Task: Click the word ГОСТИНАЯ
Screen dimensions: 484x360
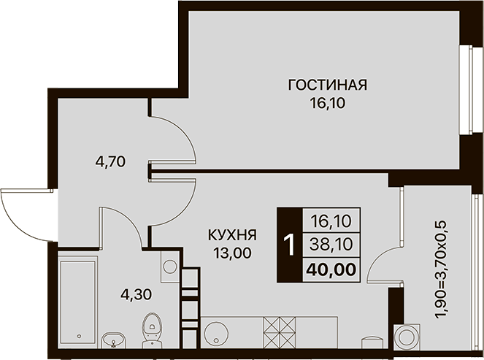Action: pos(328,85)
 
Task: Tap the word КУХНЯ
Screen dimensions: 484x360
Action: pos(232,235)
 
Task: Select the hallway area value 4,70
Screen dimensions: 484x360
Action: pos(110,161)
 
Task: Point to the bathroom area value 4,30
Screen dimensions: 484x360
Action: pos(136,294)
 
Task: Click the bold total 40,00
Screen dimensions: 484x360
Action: pos(331,269)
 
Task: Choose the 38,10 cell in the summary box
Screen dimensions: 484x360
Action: pos(331,245)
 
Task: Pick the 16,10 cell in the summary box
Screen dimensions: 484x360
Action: pos(331,221)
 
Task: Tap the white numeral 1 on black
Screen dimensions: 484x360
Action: pos(290,245)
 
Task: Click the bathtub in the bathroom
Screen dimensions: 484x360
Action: pos(78,300)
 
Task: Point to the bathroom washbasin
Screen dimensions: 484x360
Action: pos(114,340)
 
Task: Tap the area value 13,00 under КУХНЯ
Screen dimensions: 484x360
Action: pos(232,253)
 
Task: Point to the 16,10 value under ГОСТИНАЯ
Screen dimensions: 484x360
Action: pos(328,104)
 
